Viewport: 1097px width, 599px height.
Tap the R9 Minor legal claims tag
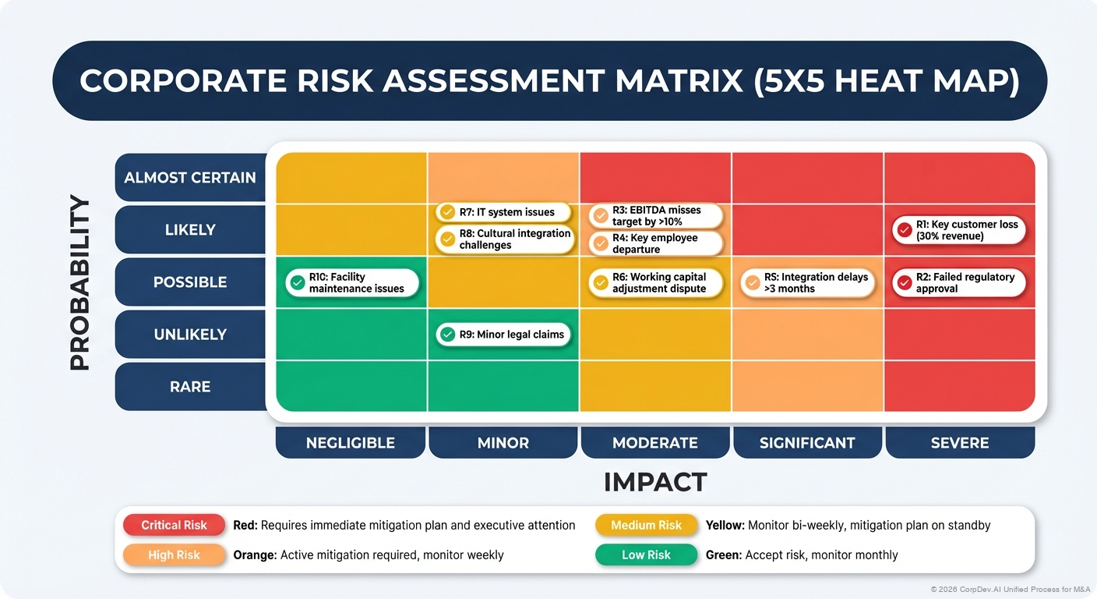(x=503, y=335)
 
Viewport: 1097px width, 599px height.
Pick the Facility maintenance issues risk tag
(x=352, y=282)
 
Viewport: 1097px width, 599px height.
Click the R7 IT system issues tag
(x=503, y=212)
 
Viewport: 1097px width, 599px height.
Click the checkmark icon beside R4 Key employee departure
(x=600, y=244)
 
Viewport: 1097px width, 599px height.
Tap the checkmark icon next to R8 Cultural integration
(x=447, y=239)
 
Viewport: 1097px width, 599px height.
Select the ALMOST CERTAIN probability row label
(x=190, y=178)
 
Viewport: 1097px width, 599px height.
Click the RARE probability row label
(x=190, y=387)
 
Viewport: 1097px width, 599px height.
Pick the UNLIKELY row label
(x=190, y=335)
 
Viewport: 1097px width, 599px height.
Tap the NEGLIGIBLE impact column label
(x=351, y=443)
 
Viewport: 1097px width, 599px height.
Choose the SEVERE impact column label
(x=960, y=443)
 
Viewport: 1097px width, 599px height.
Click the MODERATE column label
(x=655, y=443)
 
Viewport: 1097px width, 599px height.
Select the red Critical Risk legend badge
(x=174, y=526)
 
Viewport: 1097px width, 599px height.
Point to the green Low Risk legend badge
(x=646, y=555)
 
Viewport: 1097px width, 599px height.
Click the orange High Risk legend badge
(x=174, y=555)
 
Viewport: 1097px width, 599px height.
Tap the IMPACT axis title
(x=655, y=482)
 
